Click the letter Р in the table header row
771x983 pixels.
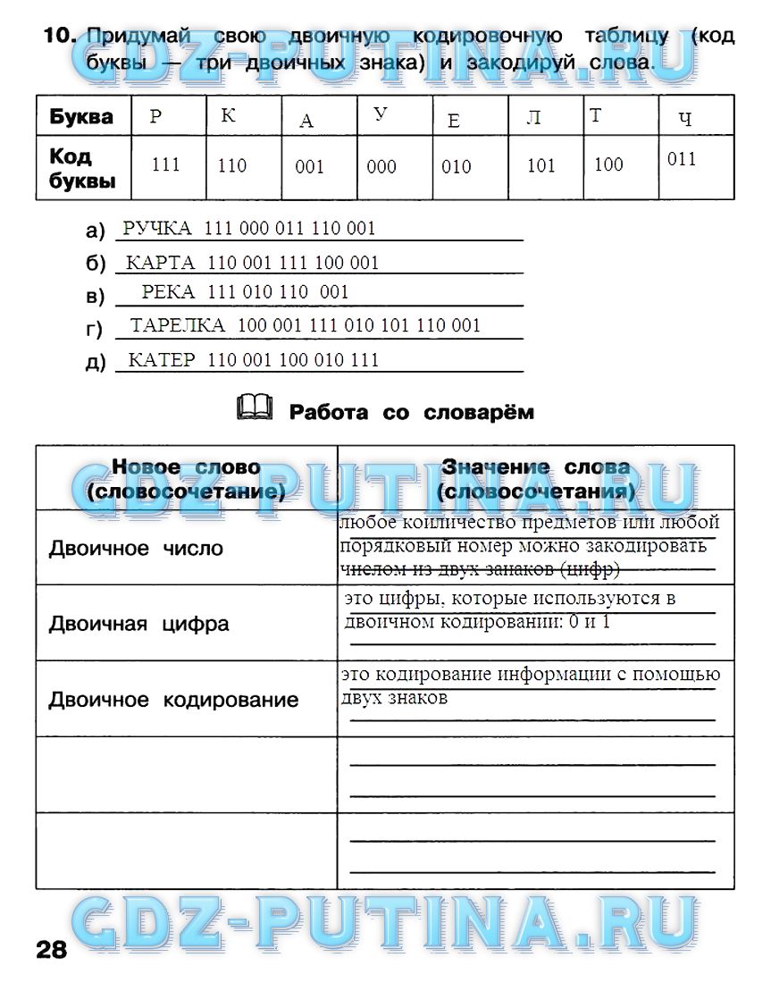pyautogui.click(x=155, y=117)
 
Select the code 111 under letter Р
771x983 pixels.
pyautogui.click(x=166, y=165)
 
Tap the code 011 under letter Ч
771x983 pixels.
pyautogui.click(x=682, y=160)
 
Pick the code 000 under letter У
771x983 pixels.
pyautogui.click(x=381, y=167)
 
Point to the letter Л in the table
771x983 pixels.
pyautogui.click(x=533, y=118)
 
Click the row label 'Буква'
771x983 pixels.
pyautogui.click(x=81, y=117)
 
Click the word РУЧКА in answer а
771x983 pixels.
pyautogui.click(x=156, y=229)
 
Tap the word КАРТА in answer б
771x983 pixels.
pyautogui.click(x=160, y=263)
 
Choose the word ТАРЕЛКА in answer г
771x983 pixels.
pyautogui.click(x=178, y=326)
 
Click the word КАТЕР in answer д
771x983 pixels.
pyautogui.click(x=162, y=360)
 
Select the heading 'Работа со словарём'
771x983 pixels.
pyautogui.click(x=411, y=412)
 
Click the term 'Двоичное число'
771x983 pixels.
pyautogui.click(x=136, y=549)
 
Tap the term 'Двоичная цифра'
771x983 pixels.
pyautogui.click(x=138, y=624)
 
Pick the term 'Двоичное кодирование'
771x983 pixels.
pyautogui.click(x=173, y=700)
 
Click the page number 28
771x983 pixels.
pyautogui.click(x=52, y=949)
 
